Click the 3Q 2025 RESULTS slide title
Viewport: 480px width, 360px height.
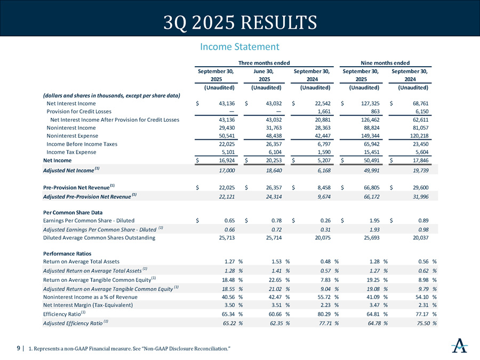coord(240,22)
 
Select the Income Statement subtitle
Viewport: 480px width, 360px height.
coord(239,47)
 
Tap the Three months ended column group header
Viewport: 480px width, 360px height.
coord(264,63)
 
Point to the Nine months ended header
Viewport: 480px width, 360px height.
coord(385,63)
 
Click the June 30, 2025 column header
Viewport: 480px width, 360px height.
coord(264,75)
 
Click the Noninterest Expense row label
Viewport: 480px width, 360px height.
coord(72,135)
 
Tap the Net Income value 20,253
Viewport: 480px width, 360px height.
coord(274,161)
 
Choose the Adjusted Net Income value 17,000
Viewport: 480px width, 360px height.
coord(227,171)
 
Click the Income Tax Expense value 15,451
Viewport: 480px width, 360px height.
coord(371,152)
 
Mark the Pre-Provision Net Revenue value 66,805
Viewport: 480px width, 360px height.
coord(371,187)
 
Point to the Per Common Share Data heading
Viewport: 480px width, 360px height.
coord(73,212)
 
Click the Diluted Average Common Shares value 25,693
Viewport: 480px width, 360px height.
coord(371,237)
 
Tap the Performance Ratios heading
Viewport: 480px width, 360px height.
coord(67,253)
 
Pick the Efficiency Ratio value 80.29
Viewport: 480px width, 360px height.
coord(324,314)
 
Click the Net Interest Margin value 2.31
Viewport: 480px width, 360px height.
coord(423,305)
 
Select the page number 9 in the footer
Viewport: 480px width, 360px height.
coord(18,348)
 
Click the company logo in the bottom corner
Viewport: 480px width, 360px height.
coord(460,346)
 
